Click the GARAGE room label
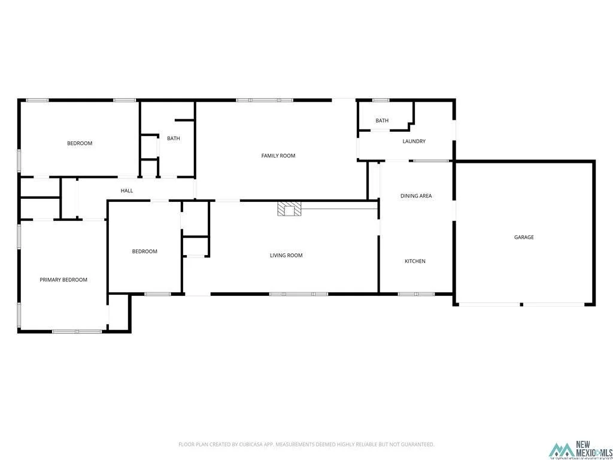pos(524,237)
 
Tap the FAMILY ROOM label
pos(278,156)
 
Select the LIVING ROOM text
pos(286,255)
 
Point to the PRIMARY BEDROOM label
pos(63,280)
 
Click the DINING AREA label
pos(416,196)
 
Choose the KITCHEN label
pos(415,261)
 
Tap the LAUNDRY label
pos(414,141)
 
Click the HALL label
pos(127,190)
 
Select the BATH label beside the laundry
pos(382,120)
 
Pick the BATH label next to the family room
pos(173,138)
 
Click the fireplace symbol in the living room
pos(290,208)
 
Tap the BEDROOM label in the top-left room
pos(80,143)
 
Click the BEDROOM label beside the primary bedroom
pos(144,252)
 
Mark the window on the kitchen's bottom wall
pos(416,294)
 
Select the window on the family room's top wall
pos(265,100)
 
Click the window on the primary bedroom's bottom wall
pos(77,331)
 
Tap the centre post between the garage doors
pos(521,304)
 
